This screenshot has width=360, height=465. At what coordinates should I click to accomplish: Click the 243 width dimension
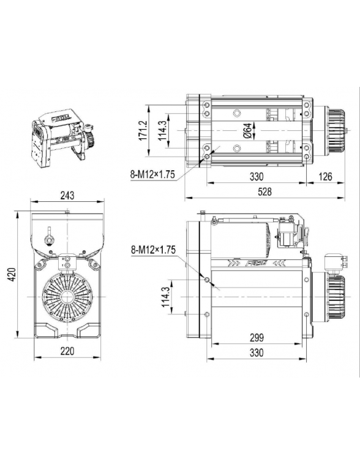(x=67, y=195)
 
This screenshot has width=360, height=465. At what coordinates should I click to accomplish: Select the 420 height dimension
(x=11, y=275)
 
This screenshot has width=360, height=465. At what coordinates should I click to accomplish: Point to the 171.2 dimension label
(x=142, y=130)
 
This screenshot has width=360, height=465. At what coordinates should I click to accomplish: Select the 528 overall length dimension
(x=264, y=192)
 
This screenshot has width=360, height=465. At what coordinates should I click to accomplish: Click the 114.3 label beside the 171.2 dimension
(x=162, y=130)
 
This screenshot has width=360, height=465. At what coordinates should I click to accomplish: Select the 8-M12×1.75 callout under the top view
(x=152, y=174)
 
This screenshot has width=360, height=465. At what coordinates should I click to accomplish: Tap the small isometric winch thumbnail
(x=61, y=138)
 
